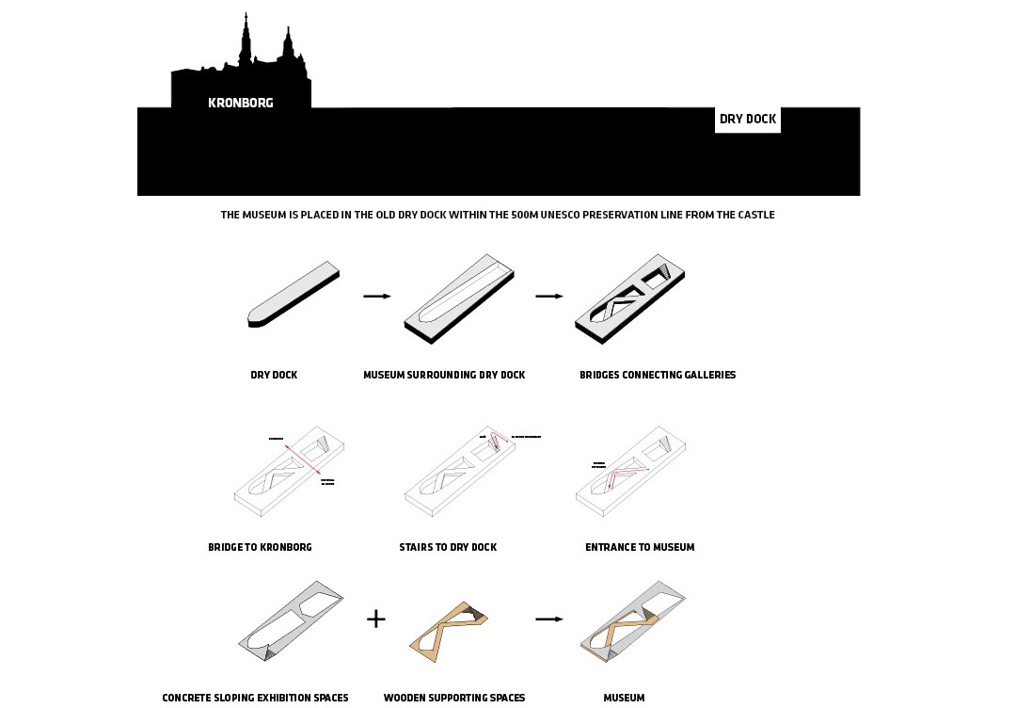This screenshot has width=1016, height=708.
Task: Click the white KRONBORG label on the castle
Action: coord(241,103)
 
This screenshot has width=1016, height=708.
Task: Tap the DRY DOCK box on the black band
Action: coord(748,120)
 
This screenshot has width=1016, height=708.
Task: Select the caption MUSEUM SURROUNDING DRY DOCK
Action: coord(444,375)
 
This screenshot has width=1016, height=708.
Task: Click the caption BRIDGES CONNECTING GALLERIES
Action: coord(658,375)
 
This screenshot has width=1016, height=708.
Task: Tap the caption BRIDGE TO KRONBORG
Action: coord(260,547)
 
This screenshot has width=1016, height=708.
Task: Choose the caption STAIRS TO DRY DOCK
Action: coord(448,547)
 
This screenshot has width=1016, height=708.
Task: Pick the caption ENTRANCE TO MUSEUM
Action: coord(640,547)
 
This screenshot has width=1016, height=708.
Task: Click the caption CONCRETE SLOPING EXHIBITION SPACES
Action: coord(255,698)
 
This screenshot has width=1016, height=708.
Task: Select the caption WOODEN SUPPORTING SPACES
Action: coord(454,698)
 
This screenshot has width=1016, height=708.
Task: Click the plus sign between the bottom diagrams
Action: coord(375,619)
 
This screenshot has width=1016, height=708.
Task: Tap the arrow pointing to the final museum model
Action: coord(549,619)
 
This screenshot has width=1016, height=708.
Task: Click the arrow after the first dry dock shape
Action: coord(376,296)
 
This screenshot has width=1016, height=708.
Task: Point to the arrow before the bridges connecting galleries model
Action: coord(549,296)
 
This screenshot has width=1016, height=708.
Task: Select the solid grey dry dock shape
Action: coord(292,295)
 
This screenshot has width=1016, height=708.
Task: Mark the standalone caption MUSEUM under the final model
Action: coord(624,698)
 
